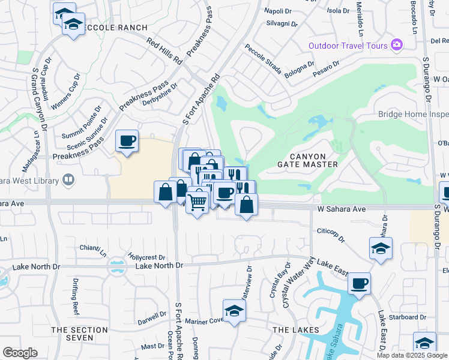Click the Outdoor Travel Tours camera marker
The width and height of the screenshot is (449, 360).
[x=396, y=45]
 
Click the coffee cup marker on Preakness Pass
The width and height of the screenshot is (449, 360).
[x=127, y=142]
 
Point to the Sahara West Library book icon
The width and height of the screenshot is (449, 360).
[x=69, y=180]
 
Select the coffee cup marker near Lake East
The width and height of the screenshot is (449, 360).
[x=359, y=284]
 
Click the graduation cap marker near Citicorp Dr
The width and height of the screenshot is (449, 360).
[x=380, y=248]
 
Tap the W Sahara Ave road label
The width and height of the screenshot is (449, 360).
[x=341, y=209]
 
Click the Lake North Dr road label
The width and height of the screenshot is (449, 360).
[x=159, y=266]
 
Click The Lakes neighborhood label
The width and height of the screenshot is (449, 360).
[x=291, y=330]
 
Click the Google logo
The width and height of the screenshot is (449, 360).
[x=20, y=353]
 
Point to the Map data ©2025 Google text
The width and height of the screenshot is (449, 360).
[x=412, y=355]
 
